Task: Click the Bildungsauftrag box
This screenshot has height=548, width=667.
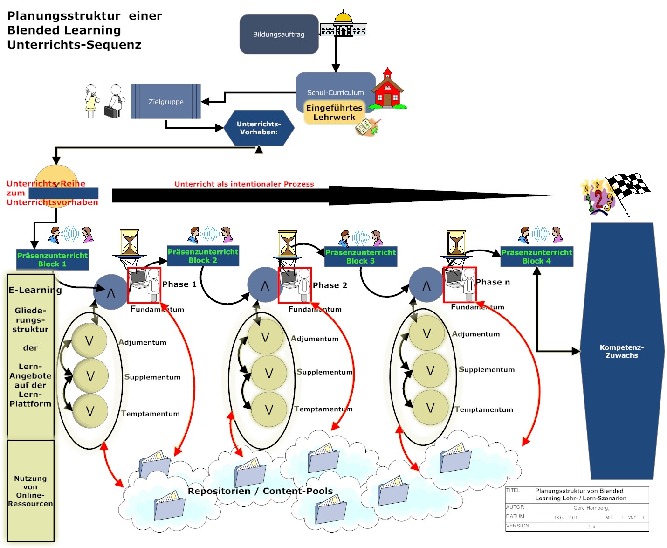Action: point(279,34)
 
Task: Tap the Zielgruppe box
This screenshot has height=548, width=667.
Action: point(166,102)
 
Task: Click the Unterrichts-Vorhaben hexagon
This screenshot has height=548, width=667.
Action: point(259,128)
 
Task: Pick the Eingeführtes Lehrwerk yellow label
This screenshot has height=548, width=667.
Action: point(334,112)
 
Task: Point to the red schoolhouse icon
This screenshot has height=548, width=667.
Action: point(386,90)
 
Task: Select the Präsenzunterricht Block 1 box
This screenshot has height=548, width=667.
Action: point(52,259)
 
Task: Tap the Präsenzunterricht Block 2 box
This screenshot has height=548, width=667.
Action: point(203,256)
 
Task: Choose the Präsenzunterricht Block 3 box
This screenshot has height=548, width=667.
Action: point(360,257)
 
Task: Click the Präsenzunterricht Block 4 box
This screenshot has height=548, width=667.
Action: point(536,257)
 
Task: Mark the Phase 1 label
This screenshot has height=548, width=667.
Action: point(179,284)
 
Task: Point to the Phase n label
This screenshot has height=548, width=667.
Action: point(493,282)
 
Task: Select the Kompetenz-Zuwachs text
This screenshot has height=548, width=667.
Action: point(622,351)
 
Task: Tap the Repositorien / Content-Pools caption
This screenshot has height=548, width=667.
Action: point(260,491)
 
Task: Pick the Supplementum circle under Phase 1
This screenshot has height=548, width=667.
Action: point(90,376)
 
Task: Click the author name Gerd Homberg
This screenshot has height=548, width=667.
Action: point(591,508)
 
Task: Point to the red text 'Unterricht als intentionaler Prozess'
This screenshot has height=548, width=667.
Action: point(244,184)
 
